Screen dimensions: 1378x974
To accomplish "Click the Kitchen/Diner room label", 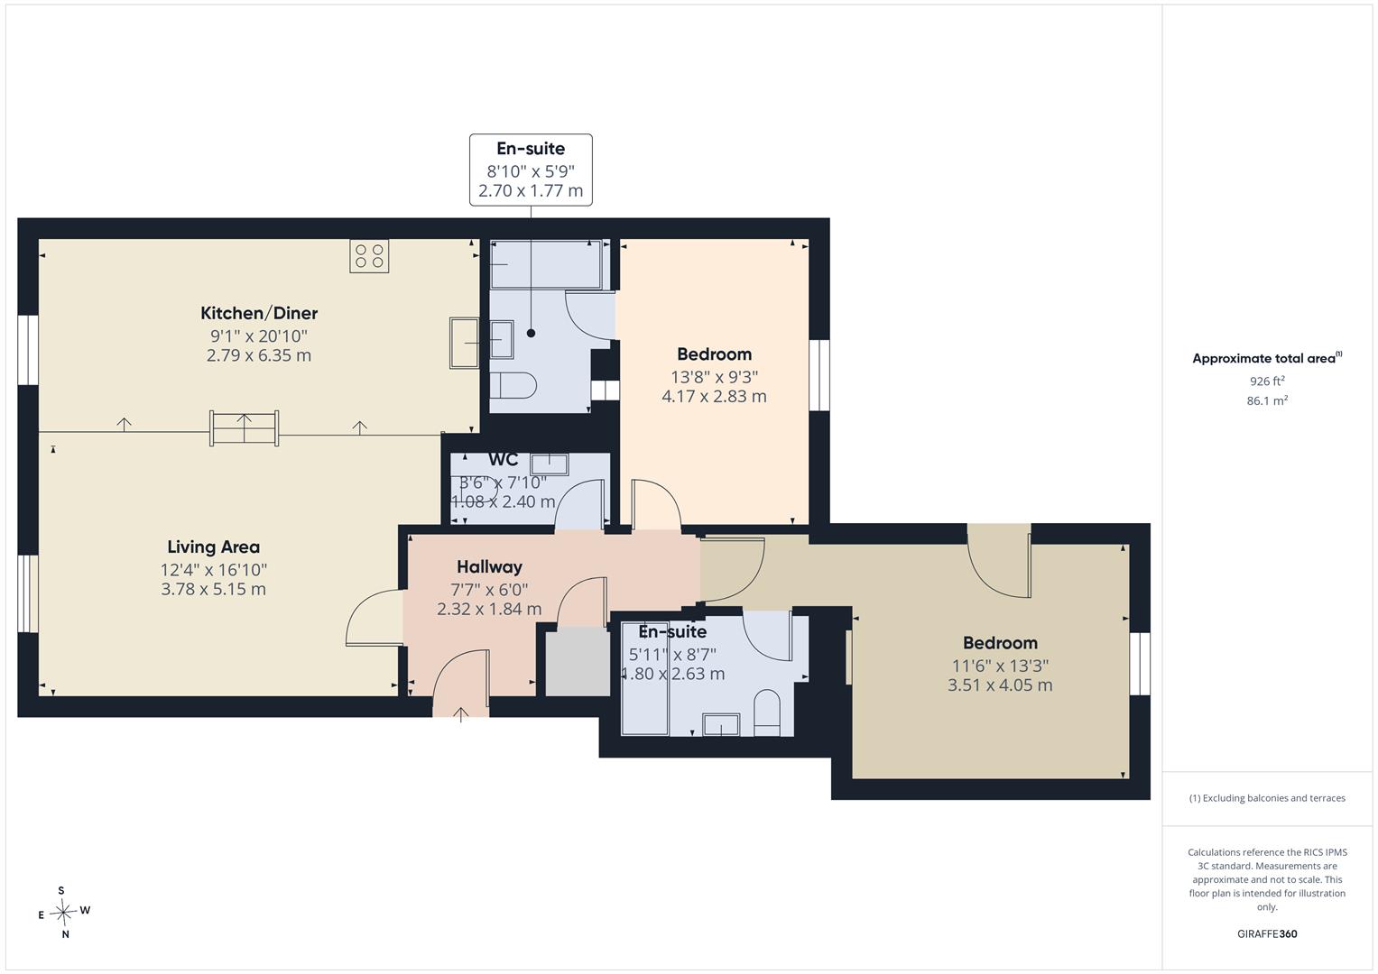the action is (x=259, y=313).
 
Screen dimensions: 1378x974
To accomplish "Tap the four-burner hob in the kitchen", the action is (x=369, y=256).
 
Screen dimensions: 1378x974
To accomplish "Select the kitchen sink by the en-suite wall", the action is (x=464, y=343).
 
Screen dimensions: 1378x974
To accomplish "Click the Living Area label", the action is (x=214, y=547).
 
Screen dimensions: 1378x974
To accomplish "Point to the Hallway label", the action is (x=489, y=566).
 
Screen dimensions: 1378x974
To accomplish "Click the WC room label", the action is (x=504, y=459).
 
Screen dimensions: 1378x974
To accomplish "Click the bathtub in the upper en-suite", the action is (x=546, y=264).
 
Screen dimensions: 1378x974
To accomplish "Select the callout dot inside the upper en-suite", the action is (x=531, y=334).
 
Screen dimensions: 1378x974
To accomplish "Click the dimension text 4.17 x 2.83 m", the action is (x=714, y=397).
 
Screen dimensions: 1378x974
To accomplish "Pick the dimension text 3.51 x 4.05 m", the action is (x=1000, y=685).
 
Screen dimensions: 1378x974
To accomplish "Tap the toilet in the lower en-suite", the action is (x=766, y=712).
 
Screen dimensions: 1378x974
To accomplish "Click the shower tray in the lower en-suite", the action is (x=644, y=678).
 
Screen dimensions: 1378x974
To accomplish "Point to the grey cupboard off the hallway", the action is (x=578, y=662).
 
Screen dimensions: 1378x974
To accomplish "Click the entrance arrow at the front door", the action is (x=461, y=714).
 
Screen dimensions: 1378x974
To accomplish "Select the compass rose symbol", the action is (x=63, y=912).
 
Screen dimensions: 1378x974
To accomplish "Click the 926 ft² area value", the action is (x=1267, y=381).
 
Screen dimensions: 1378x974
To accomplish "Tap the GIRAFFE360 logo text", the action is (x=1267, y=933).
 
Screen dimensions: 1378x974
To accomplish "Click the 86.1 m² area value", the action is (x=1267, y=400).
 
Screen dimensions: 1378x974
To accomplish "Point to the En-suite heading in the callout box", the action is (x=531, y=148).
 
